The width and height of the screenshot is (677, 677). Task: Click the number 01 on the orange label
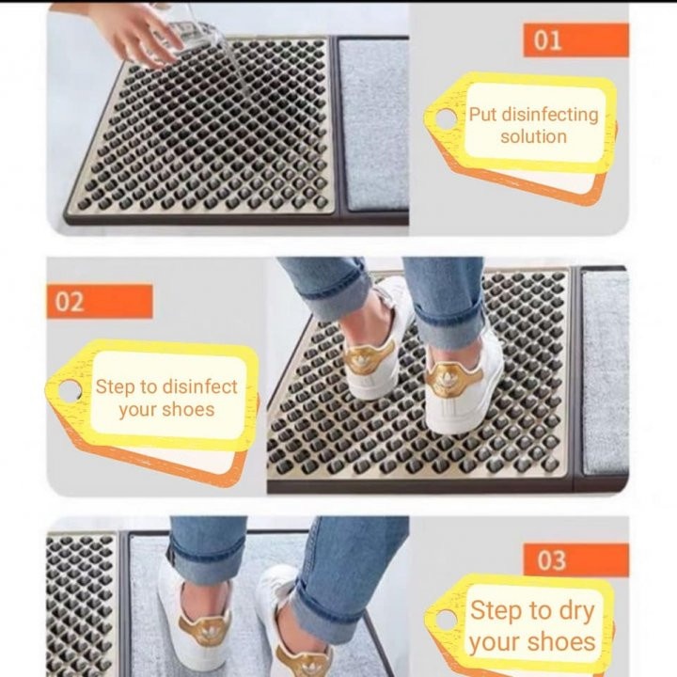tap(547, 40)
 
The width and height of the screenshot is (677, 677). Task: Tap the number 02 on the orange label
tap(70, 302)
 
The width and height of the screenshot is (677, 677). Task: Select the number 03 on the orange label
tap(551, 560)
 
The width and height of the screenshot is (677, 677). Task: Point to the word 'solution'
tap(533, 137)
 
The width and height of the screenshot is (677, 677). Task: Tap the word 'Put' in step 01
tap(483, 115)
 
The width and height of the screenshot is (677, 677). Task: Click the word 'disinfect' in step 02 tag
tap(199, 386)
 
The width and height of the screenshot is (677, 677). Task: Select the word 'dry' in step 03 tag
tap(575, 611)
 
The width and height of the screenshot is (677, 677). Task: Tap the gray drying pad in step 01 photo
tap(373, 122)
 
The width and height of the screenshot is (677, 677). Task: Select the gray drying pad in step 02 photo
tap(604, 371)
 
